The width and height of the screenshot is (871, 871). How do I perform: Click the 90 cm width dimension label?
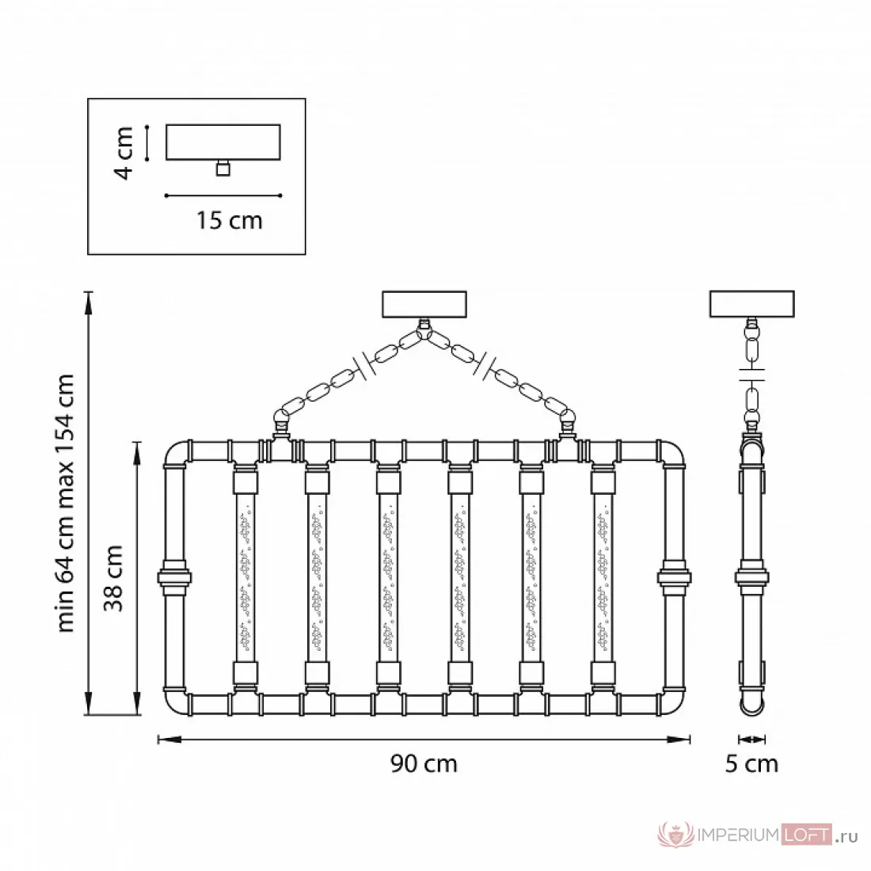424,764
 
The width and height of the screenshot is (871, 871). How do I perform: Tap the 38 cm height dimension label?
113,578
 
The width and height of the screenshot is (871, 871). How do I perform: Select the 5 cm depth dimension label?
751,764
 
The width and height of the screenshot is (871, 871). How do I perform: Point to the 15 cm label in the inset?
229,221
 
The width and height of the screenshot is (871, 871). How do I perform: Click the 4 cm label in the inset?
124,153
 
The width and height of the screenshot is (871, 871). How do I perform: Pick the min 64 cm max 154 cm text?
66,503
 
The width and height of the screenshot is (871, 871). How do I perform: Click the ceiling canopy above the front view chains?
424,304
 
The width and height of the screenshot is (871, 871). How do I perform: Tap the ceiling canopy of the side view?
752,304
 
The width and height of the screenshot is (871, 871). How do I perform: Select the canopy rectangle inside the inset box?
223,143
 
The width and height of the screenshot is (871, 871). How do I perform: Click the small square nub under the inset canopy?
223,169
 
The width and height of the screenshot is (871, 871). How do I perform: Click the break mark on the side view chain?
752,375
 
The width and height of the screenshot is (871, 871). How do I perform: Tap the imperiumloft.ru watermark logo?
758,835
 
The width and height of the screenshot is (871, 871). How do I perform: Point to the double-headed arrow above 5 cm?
752,740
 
